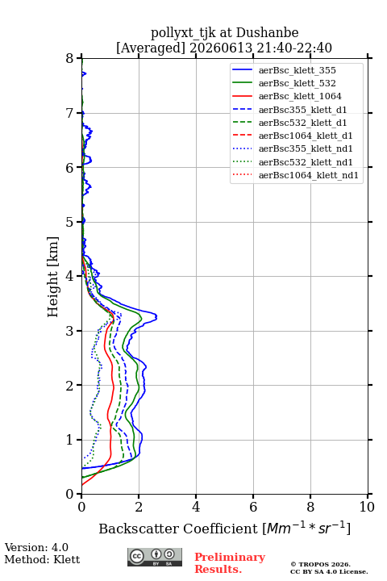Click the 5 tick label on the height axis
[70, 222]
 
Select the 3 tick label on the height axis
[70, 331]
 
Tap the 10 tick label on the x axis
[367, 507]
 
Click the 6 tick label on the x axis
[253, 507]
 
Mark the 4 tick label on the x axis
[196, 507]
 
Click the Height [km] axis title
[52, 277]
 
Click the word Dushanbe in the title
[267, 33]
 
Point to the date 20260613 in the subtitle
[221, 48]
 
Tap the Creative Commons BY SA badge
[155, 557]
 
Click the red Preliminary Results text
[230, 562]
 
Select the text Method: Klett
[42, 559]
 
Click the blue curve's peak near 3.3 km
[156, 317]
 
